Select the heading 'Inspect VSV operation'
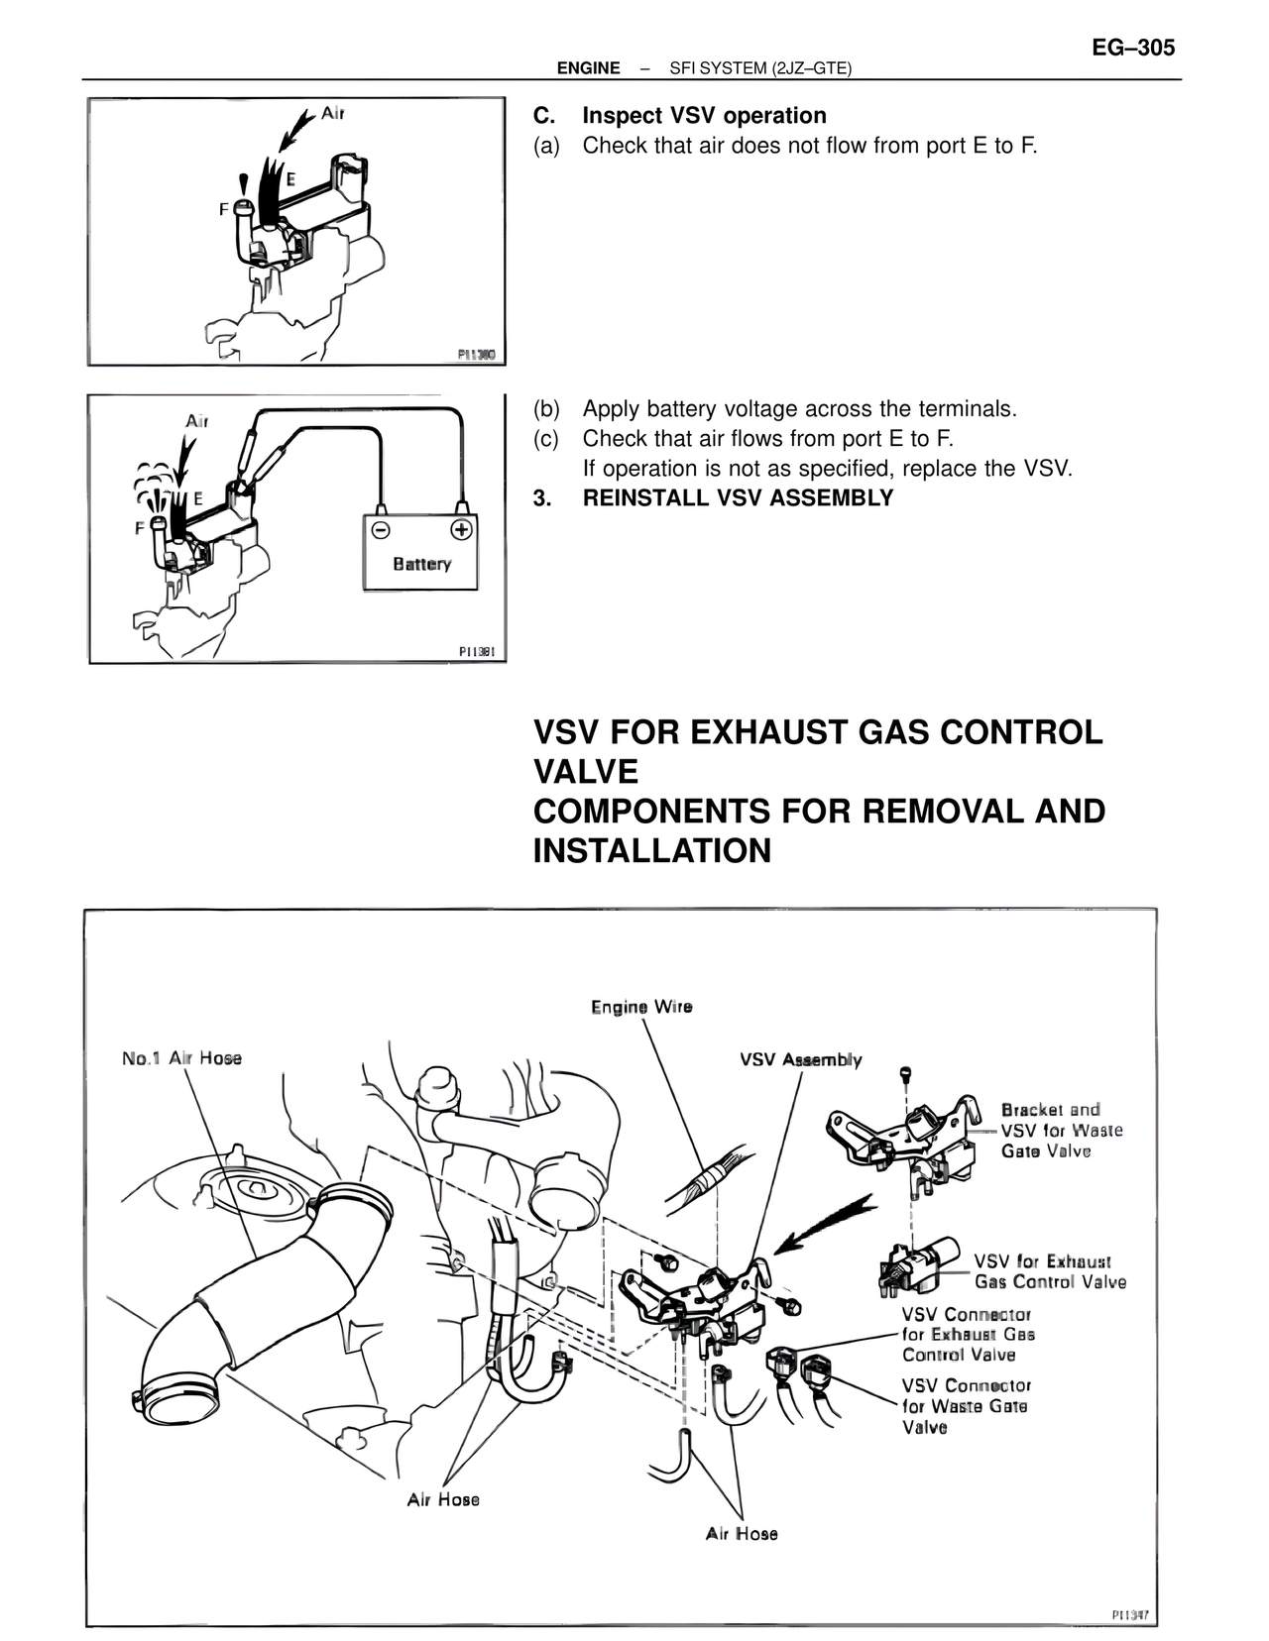704,116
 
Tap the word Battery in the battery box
421,564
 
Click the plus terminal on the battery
460,529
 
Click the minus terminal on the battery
381,529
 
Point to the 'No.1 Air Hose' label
181,1058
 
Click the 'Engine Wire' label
641,1007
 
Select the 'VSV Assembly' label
801,1059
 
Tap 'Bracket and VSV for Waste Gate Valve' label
1061,1130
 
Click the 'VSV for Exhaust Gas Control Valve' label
1050,1271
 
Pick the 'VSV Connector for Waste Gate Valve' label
966,1406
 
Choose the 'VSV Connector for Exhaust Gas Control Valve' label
968,1335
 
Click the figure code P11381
482,651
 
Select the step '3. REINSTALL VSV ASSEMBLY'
713,498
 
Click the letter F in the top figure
223,210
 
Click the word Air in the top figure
332,113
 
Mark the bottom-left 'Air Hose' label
443,1499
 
